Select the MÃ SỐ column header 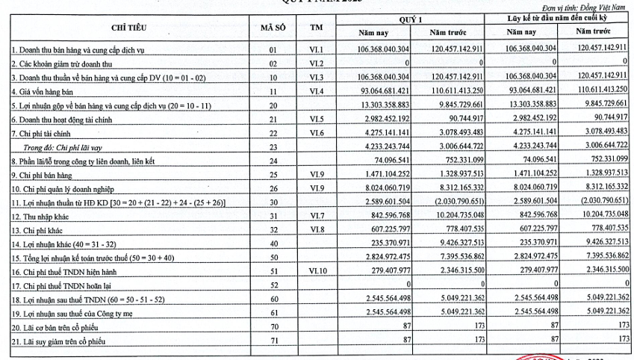pyautogui.click(x=273, y=27)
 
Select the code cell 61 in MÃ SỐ pyautogui.click(x=273, y=312)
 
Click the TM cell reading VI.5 pyautogui.click(x=317, y=119)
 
